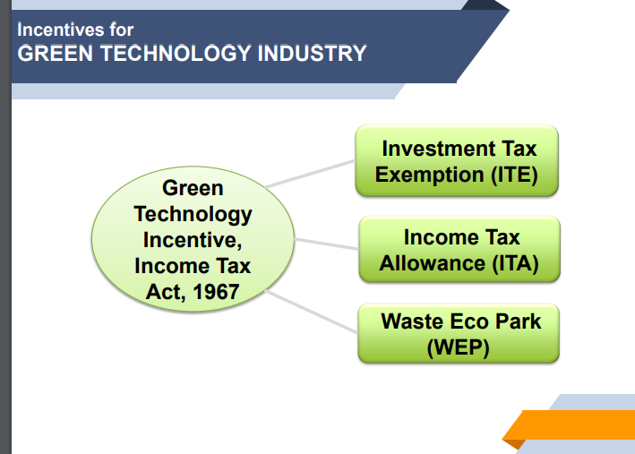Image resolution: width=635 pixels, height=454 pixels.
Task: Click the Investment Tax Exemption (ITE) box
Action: [457, 161]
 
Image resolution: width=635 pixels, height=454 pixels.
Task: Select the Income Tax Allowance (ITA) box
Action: [459, 250]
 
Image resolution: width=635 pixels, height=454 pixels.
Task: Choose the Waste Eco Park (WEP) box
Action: [459, 333]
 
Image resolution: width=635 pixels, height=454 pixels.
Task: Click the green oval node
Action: [193, 240]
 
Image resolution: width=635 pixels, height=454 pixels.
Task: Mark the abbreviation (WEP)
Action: [459, 347]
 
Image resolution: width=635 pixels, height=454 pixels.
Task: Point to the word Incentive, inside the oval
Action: [193, 240]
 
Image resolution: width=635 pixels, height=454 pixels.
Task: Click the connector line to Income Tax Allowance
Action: [326, 243]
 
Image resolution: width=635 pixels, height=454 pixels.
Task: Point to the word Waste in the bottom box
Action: [411, 321]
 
